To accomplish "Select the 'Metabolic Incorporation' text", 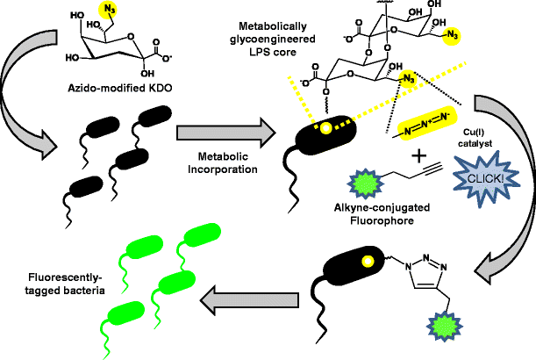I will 212,163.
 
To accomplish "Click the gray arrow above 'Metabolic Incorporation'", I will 212,133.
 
